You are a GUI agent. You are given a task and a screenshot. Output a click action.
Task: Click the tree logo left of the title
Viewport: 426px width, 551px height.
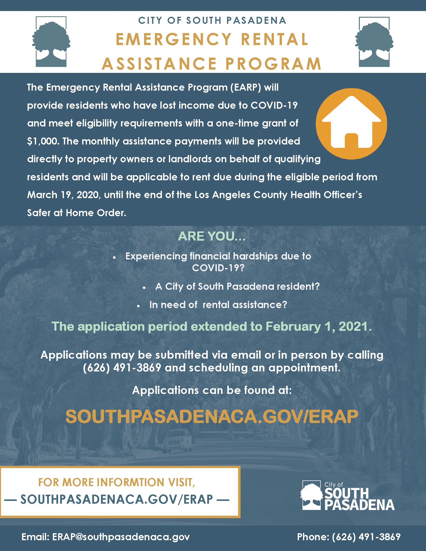pyautogui.click(x=51, y=42)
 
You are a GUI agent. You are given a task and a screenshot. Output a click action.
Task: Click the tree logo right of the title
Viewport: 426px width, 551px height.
pyautogui.click(x=374, y=42)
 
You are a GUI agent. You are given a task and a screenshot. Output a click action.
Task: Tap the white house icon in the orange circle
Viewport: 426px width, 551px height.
pyautogui.click(x=351, y=123)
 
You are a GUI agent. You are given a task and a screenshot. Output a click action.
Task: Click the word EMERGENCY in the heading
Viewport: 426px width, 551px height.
pyautogui.click(x=174, y=40)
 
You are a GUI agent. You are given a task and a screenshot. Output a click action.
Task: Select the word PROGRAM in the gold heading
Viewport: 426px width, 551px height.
pyautogui.click(x=273, y=64)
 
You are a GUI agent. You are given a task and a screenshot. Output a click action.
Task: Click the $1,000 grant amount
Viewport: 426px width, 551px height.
pyautogui.click(x=43, y=141)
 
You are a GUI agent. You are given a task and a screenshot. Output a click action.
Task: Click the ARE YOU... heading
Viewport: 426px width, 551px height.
pyautogui.click(x=212, y=236)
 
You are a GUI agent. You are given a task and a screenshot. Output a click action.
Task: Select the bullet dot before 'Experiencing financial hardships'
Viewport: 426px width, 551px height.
pyautogui.click(x=114, y=257)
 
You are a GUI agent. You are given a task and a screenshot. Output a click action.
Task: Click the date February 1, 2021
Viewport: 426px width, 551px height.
pyautogui.click(x=318, y=326)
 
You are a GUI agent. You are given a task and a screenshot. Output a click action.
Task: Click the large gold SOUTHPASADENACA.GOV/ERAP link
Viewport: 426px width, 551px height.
pyautogui.click(x=212, y=417)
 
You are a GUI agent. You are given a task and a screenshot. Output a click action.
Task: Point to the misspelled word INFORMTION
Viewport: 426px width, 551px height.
pyautogui.click(x=131, y=482)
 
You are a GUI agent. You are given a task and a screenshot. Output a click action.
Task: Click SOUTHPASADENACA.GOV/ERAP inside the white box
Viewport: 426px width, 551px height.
pyautogui.click(x=117, y=499)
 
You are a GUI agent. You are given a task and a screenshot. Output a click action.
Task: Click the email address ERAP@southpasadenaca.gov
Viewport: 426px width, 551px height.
pyautogui.click(x=121, y=537)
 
